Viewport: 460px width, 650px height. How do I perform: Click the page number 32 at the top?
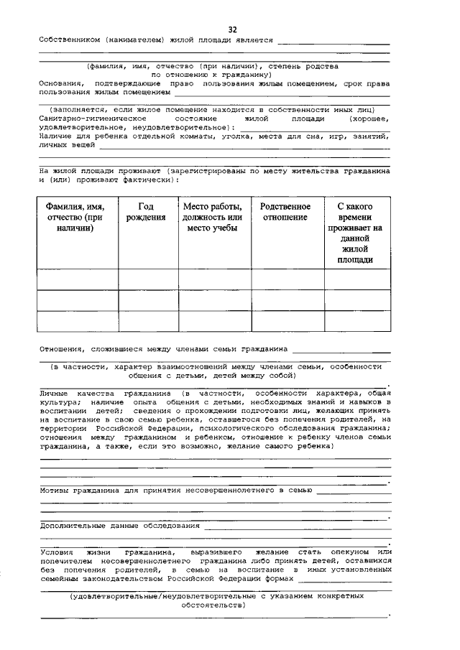coord(232,29)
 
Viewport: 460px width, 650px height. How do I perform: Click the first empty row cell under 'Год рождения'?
coord(148,279)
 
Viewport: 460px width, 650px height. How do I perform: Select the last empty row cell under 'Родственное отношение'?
coord(287,321)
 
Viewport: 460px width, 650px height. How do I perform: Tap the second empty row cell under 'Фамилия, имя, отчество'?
coord(77,300)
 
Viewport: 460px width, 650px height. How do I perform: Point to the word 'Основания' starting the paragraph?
coord(58,84)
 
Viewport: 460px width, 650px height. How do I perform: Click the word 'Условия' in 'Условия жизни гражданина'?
coord(57,551)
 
